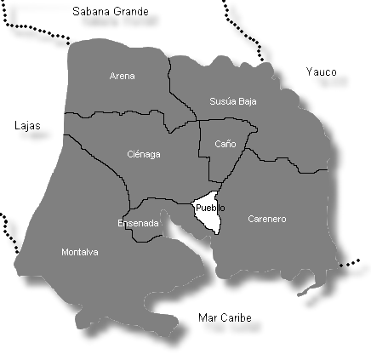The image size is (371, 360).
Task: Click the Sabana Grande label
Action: pos(111,12)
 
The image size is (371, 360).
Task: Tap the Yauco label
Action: pos(321,72)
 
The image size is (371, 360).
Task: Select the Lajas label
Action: pos(27,126)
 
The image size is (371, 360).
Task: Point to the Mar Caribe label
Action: pos(224,318)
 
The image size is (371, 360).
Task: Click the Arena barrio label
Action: pos(123,76)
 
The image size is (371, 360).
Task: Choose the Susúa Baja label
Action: pos(232,101)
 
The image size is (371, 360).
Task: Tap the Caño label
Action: pos(225,144)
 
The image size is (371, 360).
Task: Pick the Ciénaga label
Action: pos(143,154)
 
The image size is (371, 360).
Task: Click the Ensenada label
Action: pos(137,223)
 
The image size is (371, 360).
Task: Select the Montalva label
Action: pos(80,252)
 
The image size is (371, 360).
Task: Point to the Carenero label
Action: pos(266,219)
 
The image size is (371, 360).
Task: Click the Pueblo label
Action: pos(209,208)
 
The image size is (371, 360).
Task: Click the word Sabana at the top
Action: pos(90,12)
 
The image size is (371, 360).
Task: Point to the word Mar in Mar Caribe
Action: pos(205,318)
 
